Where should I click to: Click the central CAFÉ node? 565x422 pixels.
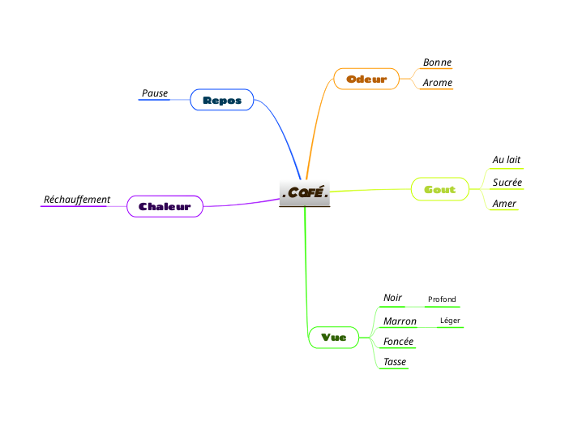point(304,193)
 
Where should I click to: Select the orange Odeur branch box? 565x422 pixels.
point(366,79)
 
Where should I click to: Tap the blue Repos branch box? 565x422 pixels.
point(221,100)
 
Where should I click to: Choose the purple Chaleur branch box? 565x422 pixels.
point(165,206)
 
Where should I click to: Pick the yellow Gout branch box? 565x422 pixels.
point(439,189)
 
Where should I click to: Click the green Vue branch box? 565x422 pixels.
point(333,337)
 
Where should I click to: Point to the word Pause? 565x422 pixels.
point(155,93)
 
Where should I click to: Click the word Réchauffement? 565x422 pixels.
point(77,200)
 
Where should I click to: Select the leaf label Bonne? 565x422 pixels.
point(437,62)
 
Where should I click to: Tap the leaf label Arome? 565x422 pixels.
point(437,83)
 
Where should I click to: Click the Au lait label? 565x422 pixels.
point(506,161)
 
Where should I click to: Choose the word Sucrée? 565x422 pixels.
point(507,183)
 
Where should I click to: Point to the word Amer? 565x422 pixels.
point(504,204)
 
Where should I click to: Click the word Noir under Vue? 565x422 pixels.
point(392,298)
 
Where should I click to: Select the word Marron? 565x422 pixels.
point(400,321)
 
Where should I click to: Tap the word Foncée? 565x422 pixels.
point(398,342)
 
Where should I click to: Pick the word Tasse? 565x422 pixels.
point(395,362)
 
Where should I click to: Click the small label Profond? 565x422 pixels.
point(442,299)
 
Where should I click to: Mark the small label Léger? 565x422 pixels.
point(449,321)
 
